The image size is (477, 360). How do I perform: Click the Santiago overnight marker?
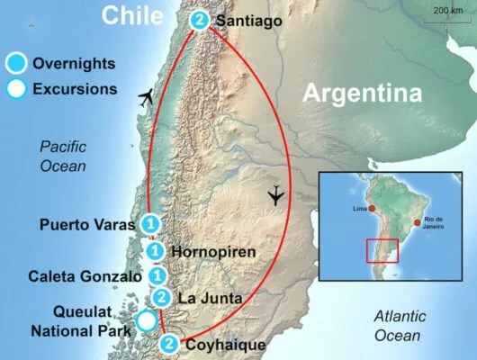[200, 20]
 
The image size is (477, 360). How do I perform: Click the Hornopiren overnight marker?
[156, 251]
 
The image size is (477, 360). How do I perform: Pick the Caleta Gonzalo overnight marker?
[157, 275]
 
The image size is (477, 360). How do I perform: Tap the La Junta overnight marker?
[162, 298]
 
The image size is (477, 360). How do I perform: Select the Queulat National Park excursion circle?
[146, 320]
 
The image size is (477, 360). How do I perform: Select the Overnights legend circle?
[16, 64]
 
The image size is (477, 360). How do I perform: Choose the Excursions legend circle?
[16, 89]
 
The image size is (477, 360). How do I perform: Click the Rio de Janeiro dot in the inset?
[416, 222]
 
